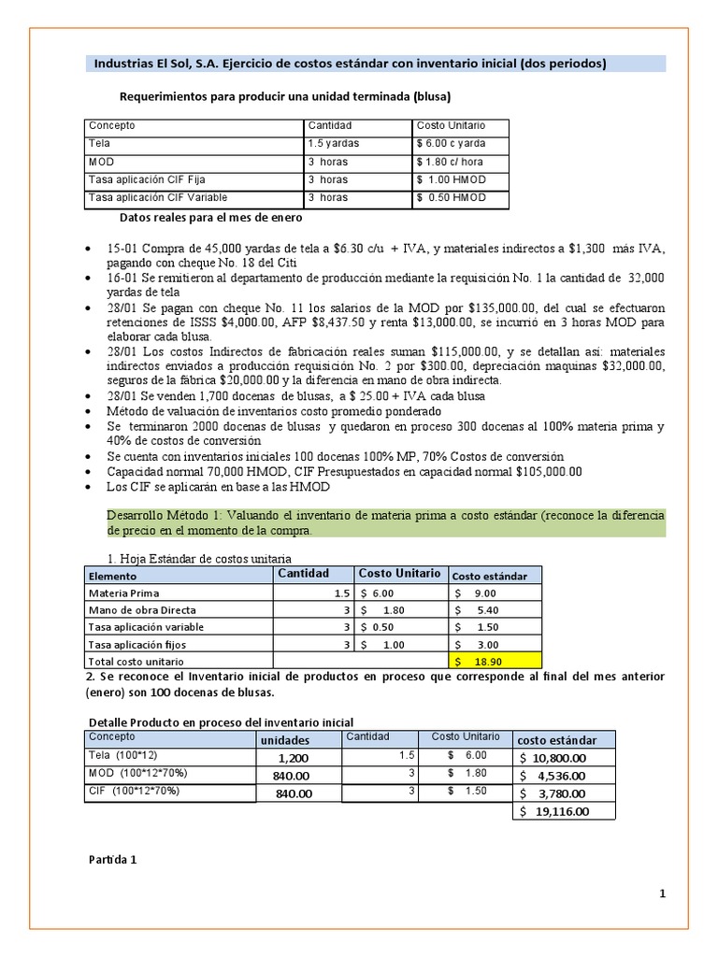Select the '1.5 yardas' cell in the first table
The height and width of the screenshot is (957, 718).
point(333,144)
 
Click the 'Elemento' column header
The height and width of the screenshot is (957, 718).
point(112,577)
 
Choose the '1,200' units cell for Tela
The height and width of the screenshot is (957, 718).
point(293,758)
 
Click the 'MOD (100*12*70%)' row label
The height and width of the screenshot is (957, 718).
point(133,774)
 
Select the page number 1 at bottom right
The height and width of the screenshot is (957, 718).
point(662,893)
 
